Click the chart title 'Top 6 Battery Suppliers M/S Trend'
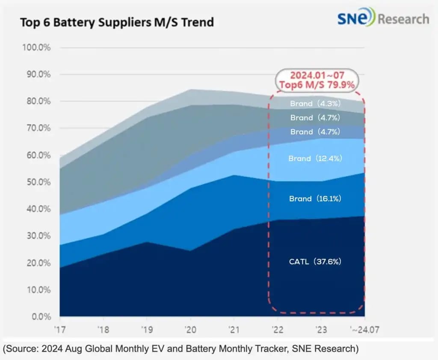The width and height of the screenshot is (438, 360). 117,22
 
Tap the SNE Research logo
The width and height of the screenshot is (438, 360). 383,18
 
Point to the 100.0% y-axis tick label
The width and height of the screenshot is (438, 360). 36,47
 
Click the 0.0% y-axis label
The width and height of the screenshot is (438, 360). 41,317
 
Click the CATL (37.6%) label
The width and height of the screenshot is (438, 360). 315,262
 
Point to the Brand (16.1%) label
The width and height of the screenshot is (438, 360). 315,199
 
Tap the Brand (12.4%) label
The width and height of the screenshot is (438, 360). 315,158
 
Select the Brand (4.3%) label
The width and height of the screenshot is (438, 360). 315,104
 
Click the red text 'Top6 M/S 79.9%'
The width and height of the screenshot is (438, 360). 317,85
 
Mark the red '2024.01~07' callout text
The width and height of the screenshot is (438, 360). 317,75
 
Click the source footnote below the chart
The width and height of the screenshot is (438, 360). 180,348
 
